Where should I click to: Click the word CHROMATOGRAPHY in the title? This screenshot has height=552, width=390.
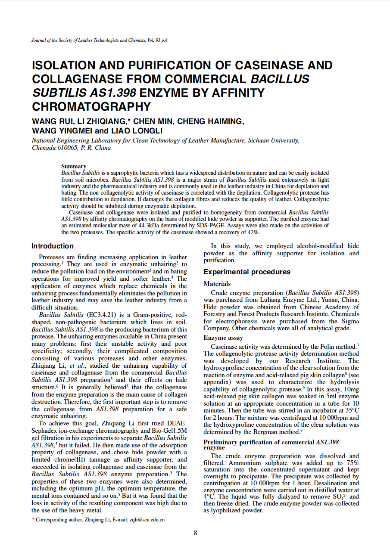91,106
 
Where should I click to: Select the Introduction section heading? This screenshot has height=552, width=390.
53,246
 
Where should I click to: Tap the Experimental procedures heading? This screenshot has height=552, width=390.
247,272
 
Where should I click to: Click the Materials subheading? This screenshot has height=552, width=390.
217,284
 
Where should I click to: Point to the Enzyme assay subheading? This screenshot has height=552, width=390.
223,338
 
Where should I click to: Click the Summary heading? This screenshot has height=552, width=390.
74,166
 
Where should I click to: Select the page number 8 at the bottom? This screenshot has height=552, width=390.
195,533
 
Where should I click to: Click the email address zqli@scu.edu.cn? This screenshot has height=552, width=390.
147,520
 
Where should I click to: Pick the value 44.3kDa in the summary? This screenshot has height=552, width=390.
164,225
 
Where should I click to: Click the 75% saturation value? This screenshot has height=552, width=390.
352,463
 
